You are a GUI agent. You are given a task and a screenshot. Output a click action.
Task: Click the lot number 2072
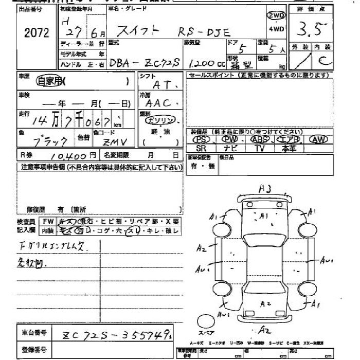(37, 33)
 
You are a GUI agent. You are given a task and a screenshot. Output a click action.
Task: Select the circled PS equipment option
(202, 139)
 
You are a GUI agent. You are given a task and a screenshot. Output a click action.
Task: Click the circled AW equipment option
(318, 139)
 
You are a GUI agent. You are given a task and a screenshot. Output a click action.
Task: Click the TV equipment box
(259, 148)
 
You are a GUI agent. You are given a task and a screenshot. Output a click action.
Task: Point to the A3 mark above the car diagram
(264, 189)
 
